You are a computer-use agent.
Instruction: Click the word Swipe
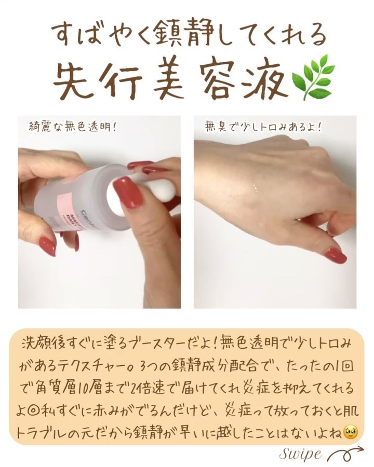tap(301, 455)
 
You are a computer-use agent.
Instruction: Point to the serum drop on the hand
tap(255, 188)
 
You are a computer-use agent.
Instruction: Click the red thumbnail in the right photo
tap(336, 256)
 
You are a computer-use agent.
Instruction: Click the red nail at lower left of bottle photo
tap(48, 246)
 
